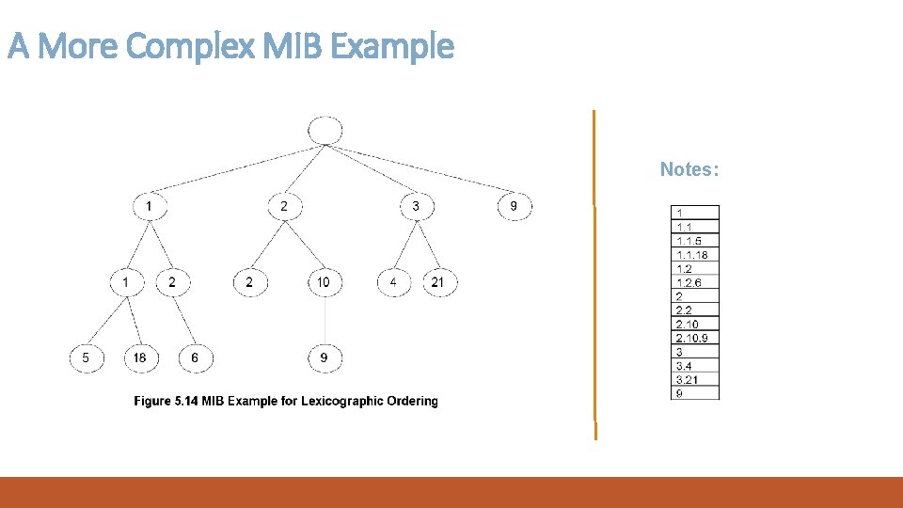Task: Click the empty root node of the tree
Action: (325, 131)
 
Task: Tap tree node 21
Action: (438, 281)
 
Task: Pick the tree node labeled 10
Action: (325, 281)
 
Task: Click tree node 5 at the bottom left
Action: (86, 357)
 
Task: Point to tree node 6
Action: (195, 357)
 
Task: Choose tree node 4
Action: (393, 281)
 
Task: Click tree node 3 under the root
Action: (416, 205)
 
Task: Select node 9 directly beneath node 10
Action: (325, 357)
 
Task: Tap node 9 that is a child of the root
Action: (514, 205)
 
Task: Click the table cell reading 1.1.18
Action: (694, 254)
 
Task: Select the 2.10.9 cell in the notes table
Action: (694, 338)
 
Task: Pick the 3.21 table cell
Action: (694, 379)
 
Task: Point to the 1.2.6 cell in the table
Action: (694, 282)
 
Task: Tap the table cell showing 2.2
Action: (694, 310)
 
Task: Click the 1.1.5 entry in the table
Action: (694, 241)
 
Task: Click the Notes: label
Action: (689, 169)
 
